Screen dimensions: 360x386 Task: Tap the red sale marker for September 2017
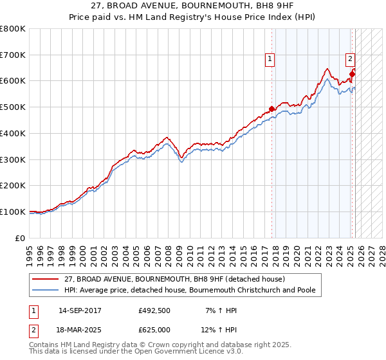tap(271, 109)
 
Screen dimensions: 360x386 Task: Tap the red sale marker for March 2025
tap(353, 74)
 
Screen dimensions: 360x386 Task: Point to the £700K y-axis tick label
tap(14, 55)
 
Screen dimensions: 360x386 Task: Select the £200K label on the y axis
tap(14, 186)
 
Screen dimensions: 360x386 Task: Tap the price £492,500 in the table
tap(154, 310)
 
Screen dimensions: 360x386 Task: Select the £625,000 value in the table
tap(154, 329)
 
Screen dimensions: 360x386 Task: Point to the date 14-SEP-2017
tap(80, 310)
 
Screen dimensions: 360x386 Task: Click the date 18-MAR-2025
tap(80, 329)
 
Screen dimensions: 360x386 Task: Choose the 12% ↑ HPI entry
tap(219, 329)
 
